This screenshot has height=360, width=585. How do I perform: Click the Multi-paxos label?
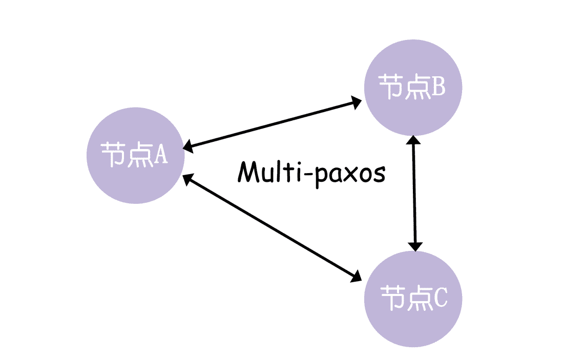[311, 172]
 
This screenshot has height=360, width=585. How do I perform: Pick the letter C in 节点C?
[440, 298]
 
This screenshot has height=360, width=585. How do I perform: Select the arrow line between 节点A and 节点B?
[271, 124]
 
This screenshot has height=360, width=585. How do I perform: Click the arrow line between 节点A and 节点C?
[271, 227]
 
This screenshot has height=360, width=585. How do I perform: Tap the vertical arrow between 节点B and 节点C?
[414, 194]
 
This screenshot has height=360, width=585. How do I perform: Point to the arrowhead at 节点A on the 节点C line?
[188, 179]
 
